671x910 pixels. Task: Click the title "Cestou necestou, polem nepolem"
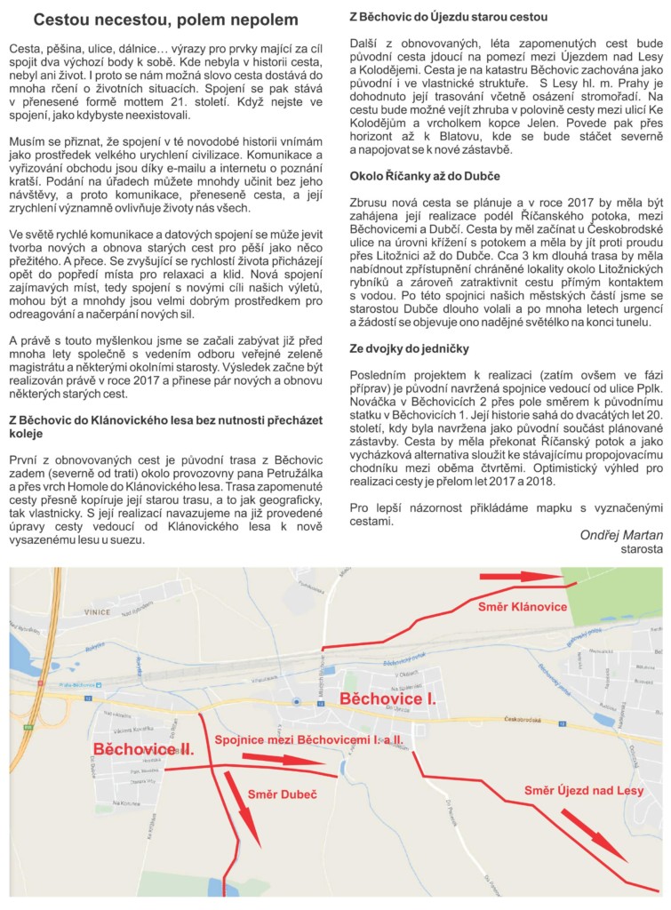point(166,19)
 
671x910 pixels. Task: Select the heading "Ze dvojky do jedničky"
point(410,348)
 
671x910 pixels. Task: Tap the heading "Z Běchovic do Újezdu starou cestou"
point(448,17)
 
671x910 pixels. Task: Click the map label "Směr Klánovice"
point(522,607)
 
